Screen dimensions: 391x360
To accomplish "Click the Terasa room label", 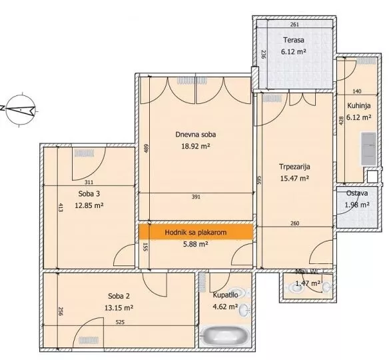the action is [294, 40].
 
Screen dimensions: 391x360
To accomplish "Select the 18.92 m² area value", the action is [196, 146].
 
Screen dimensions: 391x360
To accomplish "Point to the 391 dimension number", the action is [196, 197].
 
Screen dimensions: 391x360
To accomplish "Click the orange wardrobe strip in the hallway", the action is [196, 232].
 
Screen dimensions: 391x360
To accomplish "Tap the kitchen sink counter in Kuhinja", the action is [368, 149].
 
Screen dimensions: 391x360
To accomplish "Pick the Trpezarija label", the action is [294, 167].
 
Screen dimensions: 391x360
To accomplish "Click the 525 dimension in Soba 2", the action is [120, 322].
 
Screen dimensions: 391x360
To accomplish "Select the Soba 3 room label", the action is [89, 194].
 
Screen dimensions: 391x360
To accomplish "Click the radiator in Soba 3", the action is [85, 153].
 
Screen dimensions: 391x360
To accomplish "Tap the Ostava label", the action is [357, 193].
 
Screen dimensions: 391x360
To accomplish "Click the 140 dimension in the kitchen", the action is [357, 91].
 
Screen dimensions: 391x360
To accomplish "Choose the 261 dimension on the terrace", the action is [294, 25].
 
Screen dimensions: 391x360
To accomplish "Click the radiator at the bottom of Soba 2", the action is [89, 340].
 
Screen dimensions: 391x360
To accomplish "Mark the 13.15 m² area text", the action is [119, 308].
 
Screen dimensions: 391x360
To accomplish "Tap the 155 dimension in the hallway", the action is [146, 247].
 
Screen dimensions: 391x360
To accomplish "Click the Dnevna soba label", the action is [196, 135].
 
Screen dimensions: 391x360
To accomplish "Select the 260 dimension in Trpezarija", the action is [294, 223].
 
